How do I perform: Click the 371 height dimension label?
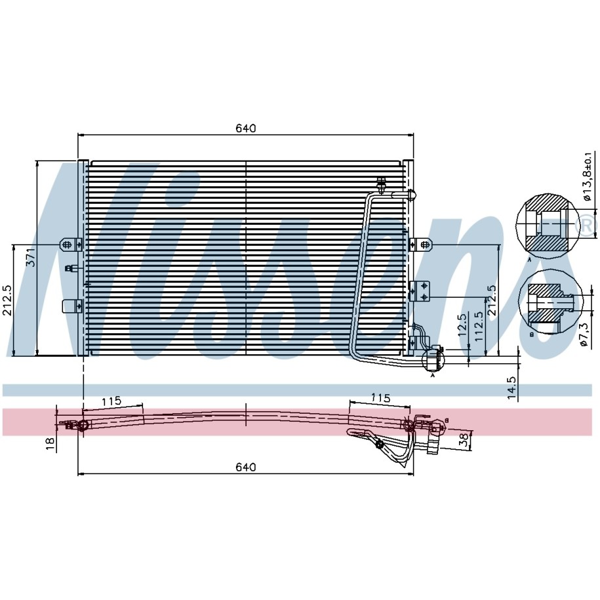tap(31, 257)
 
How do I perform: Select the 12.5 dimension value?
tap(463, 325)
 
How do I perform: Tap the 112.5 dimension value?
tap(478, 327)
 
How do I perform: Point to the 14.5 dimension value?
tap(512, 388)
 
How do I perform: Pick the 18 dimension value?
tap(50, 444)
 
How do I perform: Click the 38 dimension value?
tap(464, 440)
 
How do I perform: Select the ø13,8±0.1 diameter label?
tap(587, 176)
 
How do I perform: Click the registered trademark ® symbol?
tap(586, 225)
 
